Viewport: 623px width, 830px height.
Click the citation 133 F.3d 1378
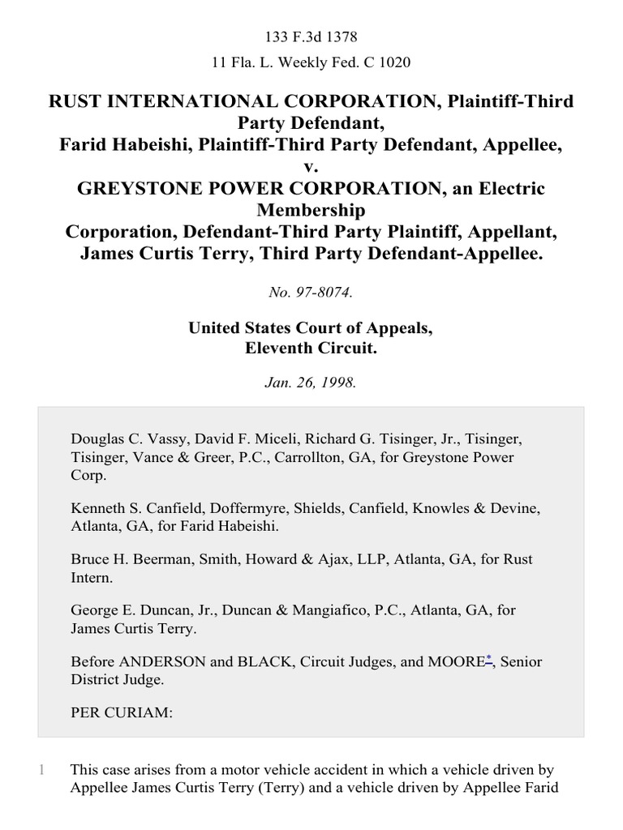tap(311, 37)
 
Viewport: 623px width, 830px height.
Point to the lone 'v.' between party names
tap(311, 167)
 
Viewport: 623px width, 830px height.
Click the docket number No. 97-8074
tap(311, 293)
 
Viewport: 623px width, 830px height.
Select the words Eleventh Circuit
tap(311, 349)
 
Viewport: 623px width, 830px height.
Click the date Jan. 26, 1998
tap(311, 383)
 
